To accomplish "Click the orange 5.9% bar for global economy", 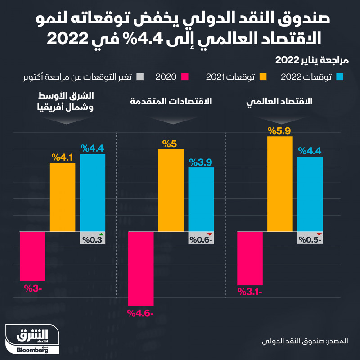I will coord(280,184).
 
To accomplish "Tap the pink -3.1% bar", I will coord(250,258).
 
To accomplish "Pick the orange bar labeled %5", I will coord(171,190).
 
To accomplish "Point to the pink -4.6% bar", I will coord(141,269).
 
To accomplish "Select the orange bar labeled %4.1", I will coord(63,197).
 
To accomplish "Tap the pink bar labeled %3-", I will coord(32,256).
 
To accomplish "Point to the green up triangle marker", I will coord(101,235).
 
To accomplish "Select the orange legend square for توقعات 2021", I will coord(265,77).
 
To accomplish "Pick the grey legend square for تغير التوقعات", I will coord(140,77).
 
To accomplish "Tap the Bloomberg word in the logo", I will coord(32,351).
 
